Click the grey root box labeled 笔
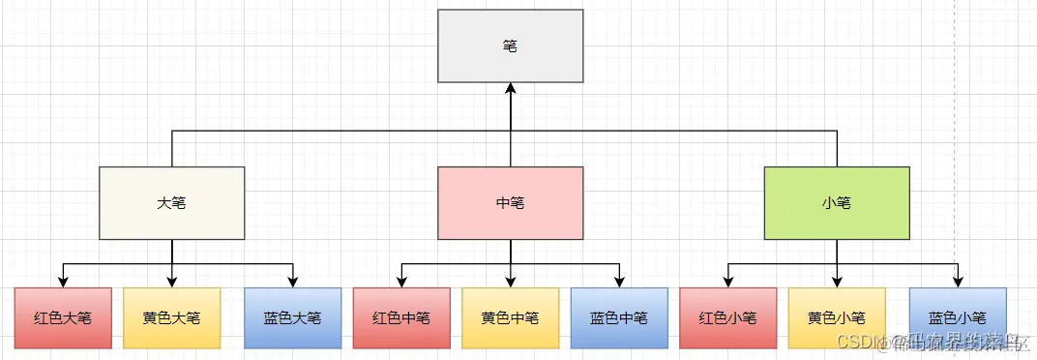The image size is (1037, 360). (x=511, y=45)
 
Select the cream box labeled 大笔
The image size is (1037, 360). (x=172, y=203)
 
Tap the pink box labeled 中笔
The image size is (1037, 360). (x=511, y=203)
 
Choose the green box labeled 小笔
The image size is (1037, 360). (x=837, y=203)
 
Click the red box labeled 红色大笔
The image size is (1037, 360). (x=63, y=317)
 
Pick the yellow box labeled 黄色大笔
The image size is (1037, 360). (x=172, y=317)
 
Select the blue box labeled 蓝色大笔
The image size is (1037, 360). (x=293, y=317)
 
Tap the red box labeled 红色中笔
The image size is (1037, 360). (x=401, y=317)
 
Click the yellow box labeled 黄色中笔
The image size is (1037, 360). (x=511, y=317)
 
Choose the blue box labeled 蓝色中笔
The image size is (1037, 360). (x=619, y=317)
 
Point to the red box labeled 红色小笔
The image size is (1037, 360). (x=728, y=317)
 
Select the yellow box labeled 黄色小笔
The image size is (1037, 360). (x=837, y=317)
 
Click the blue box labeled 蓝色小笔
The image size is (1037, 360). (x=958, y=317)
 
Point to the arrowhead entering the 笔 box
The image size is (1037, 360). (x=511, y=88)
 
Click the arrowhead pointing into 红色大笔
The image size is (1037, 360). (x=63, y=282)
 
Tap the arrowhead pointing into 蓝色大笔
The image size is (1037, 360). (x=293, y=282)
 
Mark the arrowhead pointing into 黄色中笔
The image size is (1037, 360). (x=511, y=282)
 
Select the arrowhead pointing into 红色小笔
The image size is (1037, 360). (x=728, y=282)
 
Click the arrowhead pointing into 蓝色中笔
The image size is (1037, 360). (x=619, y=282)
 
